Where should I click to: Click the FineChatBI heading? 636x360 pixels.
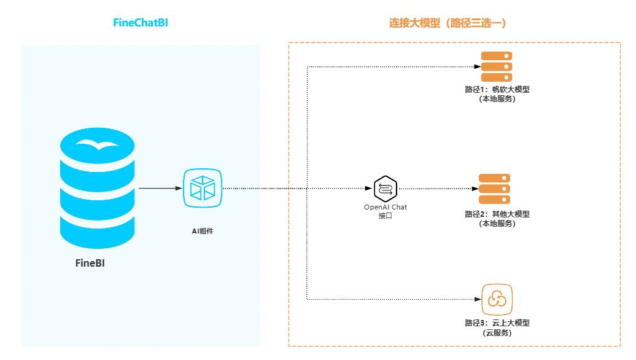tap(141, 23)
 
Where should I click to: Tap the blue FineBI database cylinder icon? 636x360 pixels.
tap(97, 187)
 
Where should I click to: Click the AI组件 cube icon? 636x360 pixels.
tap(203, 188)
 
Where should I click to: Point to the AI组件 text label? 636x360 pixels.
tap(203, 231)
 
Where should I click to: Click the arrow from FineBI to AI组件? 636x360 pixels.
tap(160, 188)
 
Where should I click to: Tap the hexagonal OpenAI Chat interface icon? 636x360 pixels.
tap(386, 188)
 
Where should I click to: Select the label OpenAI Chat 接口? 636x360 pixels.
tap(386, 211)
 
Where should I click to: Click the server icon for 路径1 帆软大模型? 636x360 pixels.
tap(496, 66)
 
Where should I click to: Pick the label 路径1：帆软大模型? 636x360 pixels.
tap(497, 90)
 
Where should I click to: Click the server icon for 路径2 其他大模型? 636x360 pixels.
tap(495, 189)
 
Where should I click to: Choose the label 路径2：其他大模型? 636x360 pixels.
tap(497, 214)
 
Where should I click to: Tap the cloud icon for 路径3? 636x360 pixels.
tap(497, 299)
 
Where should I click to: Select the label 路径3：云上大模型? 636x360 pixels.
tap(497, 323)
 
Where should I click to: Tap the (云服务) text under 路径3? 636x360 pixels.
tap(497, 333)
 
